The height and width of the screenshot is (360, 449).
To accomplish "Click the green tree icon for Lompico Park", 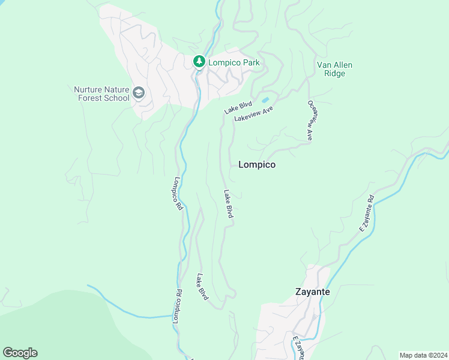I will pyautogui.click(x=199, y=62).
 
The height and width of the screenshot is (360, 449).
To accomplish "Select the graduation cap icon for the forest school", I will pyautogui.click(x=139, y=93).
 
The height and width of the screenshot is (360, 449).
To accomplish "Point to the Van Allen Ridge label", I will pyautogui.click(x=334, y=69).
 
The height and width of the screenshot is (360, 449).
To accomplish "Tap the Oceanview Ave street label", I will pyautogui.click(x=311, y=120).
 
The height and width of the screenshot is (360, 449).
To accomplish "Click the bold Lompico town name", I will pyautogui.click(x=257, y=164).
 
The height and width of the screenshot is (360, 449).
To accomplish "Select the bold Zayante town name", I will pyautogui.click(x=312, y=292).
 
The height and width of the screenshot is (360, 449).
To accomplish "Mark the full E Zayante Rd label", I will pyautogui.click(x=367, y=213).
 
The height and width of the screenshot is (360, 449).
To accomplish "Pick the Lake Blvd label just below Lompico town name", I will pyautogui.click(x=228, y=204).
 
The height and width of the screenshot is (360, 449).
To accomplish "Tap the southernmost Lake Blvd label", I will pyautogui.click(x=203, y=287).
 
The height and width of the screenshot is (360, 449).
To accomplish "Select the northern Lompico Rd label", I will pyautogui.click(x=178, y=193).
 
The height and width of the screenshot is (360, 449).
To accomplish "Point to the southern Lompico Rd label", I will pyautogui.click(x=177, y=306).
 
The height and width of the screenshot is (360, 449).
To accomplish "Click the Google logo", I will pyautogui.click(x=20, y=353).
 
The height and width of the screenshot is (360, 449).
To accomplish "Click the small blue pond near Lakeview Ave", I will pyautogui.click(x=265, y=100).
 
